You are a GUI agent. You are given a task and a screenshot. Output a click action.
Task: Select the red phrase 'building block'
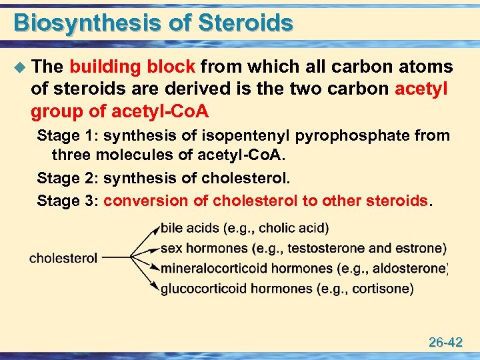pos(132,67)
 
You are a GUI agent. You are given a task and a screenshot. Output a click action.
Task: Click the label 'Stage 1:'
pos(65,136)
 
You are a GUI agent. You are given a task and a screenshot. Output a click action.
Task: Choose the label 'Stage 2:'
pos(65,179)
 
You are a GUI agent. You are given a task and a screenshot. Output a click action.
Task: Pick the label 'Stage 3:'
pos(65,201)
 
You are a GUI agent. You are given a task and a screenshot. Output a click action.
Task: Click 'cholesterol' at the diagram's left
pos(63,257)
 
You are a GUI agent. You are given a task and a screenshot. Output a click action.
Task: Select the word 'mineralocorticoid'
pos(213,268)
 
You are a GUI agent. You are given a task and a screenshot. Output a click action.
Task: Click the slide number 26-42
pos(445,342)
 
